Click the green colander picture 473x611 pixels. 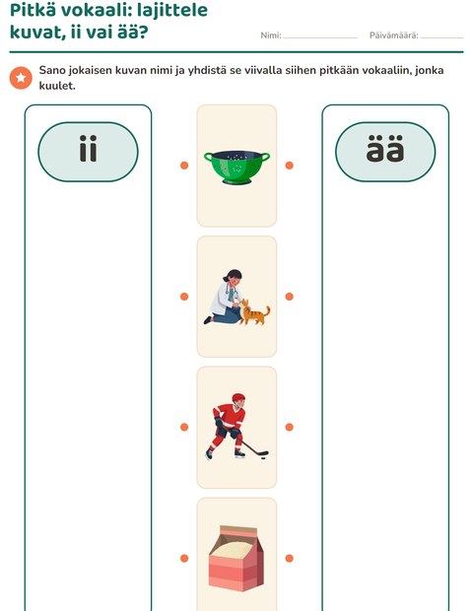pos(236,168)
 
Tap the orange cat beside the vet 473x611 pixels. pos(255,312)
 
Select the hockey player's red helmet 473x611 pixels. pos(238,399)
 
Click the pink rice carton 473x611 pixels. pos(236,558)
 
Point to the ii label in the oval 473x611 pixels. pos(88,149)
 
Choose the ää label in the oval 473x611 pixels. pos(385,149)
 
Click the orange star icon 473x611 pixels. pos(21,78)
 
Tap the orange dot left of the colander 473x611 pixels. pos(184,166)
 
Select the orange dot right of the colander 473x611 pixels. pos(289,166)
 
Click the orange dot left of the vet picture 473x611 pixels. pos(184,297)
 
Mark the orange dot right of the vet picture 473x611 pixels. pos(289,297)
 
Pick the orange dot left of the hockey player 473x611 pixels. pos(184,427)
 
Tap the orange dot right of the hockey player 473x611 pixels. pos(289,427)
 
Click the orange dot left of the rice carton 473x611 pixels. pos(184,559)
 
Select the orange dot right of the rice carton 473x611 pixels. pos(289,559)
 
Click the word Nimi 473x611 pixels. pos(270,35)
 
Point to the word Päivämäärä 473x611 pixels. pos(393,35)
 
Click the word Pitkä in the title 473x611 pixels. pos(33,10)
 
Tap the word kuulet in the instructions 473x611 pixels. pos(56,86)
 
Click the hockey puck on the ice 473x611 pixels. pos(263,458)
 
